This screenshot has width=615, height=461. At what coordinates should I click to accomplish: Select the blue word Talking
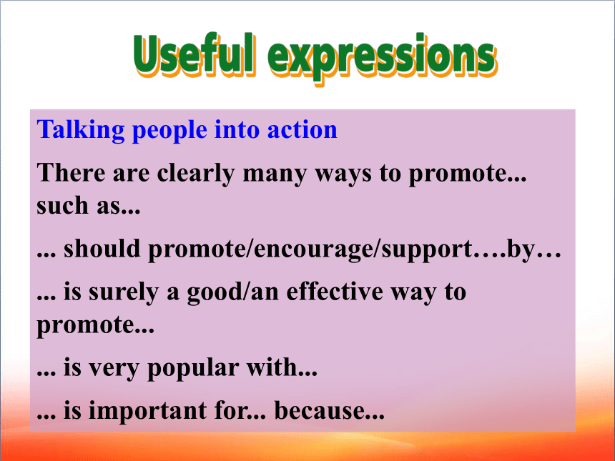(80, 131)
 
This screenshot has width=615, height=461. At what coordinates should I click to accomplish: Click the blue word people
(169, 132)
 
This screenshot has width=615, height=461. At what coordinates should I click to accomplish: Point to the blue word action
(302, 130)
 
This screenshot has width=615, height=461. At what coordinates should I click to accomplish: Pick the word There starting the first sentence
(71, 172)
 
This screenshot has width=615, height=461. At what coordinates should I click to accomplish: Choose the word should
(102, 249)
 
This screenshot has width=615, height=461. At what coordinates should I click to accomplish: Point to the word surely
(123, 293)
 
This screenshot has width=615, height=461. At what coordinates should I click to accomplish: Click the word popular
(192, 369)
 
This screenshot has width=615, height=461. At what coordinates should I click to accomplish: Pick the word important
(147, 411)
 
